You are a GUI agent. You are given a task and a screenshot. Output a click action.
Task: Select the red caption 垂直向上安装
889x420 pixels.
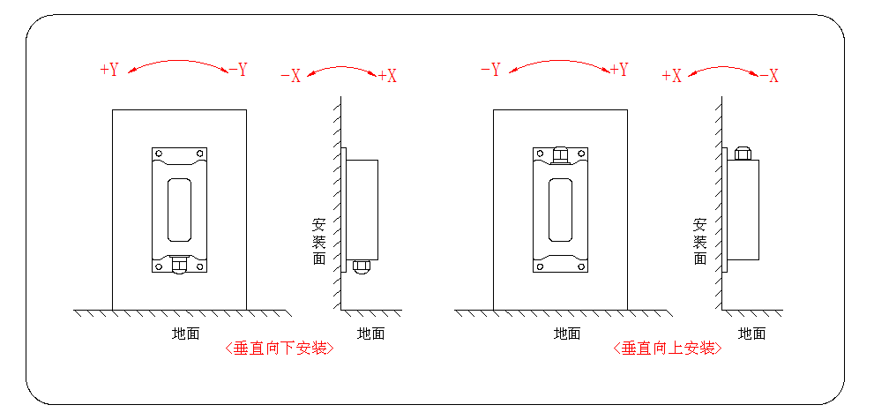(x=667, y=349)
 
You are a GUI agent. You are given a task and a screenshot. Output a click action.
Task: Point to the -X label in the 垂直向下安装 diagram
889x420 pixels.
(x=290, y=76)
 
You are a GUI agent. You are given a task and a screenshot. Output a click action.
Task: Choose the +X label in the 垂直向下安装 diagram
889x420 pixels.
(x=387, y=76)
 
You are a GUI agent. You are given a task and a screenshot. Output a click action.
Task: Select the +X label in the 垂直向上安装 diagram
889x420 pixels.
(x=672, y=76)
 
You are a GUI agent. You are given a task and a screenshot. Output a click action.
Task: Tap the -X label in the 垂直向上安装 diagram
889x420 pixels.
(x=768, y=76)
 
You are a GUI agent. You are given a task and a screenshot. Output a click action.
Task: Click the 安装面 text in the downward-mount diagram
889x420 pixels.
(x=319, y=241)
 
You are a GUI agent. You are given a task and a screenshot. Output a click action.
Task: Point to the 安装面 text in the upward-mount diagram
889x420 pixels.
(x=700, y=241)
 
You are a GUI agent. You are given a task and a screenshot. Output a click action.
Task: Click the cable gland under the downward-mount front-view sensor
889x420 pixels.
(x=180, y=265)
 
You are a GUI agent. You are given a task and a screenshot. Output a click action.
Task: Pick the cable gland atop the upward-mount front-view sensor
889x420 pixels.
(x=560, y=155)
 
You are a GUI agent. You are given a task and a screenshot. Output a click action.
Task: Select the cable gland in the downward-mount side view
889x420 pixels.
(x=361, y=266)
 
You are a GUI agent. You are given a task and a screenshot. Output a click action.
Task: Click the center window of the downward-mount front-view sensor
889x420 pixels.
(x=180, y=209)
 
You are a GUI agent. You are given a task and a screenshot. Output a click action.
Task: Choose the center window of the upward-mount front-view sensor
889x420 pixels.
(x=561, y=209)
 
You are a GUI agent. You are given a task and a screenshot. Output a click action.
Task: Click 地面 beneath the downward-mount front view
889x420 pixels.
(x=185, y=334)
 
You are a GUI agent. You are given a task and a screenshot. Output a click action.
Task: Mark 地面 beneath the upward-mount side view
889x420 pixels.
(x=752, y=334)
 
